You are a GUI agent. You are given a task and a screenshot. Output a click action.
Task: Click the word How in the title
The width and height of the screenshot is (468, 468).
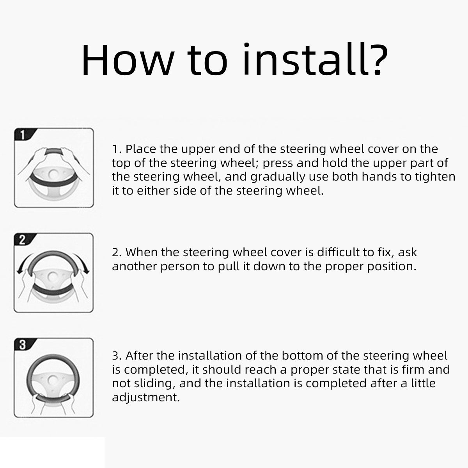128,60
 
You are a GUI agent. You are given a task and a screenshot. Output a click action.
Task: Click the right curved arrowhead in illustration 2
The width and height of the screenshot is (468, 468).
86,270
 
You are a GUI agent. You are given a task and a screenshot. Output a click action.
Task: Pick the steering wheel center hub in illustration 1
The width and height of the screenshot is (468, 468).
53,174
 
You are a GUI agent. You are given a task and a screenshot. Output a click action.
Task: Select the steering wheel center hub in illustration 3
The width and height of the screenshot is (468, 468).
52,380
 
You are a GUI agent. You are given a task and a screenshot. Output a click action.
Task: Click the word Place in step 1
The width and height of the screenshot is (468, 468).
140,149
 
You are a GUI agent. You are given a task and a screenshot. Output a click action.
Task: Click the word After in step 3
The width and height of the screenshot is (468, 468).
139,356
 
